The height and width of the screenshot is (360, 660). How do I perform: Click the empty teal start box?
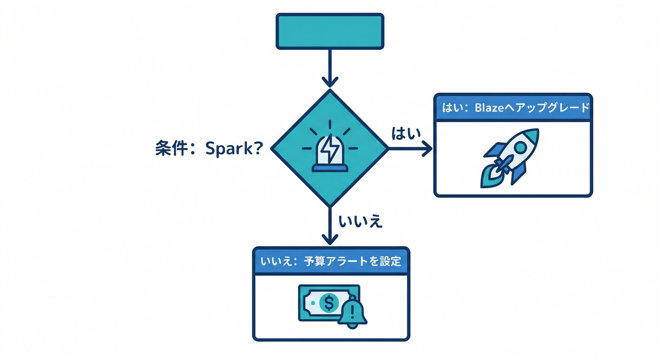330,31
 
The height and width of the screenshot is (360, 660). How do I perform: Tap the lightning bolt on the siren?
330,148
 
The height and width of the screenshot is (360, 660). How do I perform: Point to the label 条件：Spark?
208,149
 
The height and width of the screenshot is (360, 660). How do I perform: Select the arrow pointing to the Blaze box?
411,149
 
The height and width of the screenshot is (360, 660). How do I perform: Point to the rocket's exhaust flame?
489,179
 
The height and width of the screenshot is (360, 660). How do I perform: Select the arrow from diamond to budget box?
330,225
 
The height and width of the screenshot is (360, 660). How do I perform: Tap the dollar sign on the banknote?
329,303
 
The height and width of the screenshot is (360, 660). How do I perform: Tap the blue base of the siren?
330,167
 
